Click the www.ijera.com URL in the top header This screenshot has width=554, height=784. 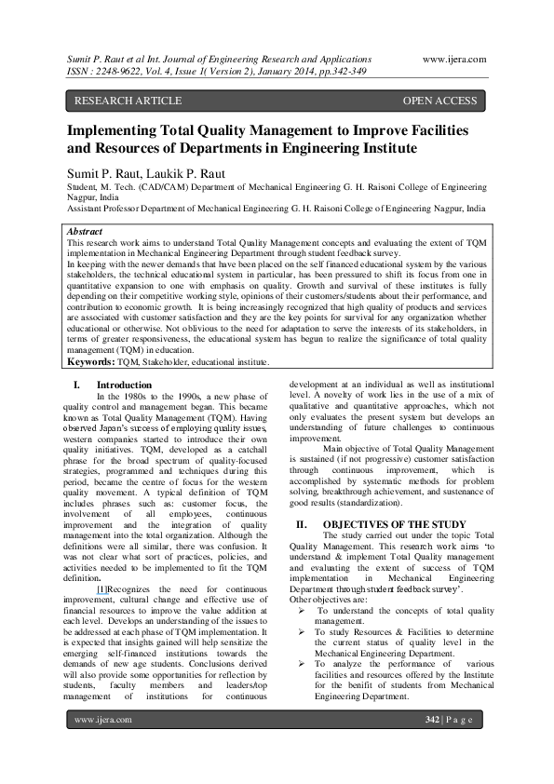[x=454, y=59]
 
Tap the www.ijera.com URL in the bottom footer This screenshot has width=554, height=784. [x=102, y=746]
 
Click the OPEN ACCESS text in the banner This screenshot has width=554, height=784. [x=439, y=100]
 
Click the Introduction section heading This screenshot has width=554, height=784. [x=124, y=384]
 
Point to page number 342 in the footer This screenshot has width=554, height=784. [x=431, y=746]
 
